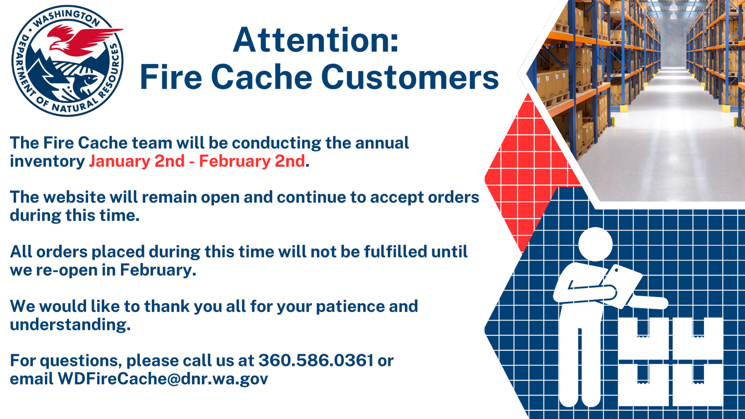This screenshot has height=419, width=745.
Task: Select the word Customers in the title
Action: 410,77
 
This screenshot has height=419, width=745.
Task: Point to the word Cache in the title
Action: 262,77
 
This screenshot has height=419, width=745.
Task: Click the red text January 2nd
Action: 137,161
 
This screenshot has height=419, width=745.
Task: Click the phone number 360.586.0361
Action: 316,361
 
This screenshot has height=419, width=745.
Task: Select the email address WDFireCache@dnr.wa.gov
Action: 163,379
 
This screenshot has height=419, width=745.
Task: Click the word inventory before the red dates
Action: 47,161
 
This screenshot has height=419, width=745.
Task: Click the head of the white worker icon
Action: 595,244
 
